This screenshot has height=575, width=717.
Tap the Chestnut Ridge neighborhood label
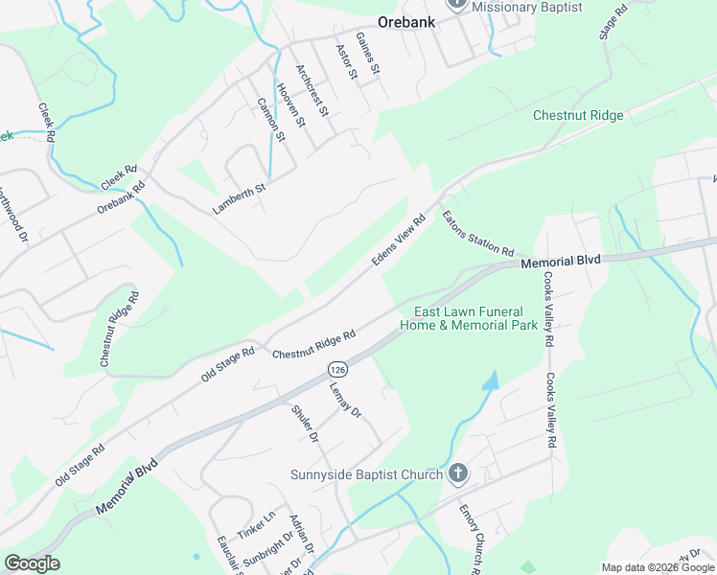point(578,116)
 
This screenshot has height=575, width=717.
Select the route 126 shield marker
point(336,369)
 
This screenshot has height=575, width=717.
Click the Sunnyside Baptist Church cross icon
point(458,473)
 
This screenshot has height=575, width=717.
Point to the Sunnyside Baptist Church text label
point(367,474)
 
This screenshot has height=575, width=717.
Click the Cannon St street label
point(271,119)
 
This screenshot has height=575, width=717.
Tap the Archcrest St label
point(312,90)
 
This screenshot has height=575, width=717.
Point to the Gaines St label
point(368,54)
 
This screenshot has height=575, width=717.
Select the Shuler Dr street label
point(304,424)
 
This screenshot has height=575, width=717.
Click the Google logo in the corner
point(32,563)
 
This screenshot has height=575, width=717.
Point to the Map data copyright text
point(658,567)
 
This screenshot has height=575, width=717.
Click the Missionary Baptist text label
point(527,7)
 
